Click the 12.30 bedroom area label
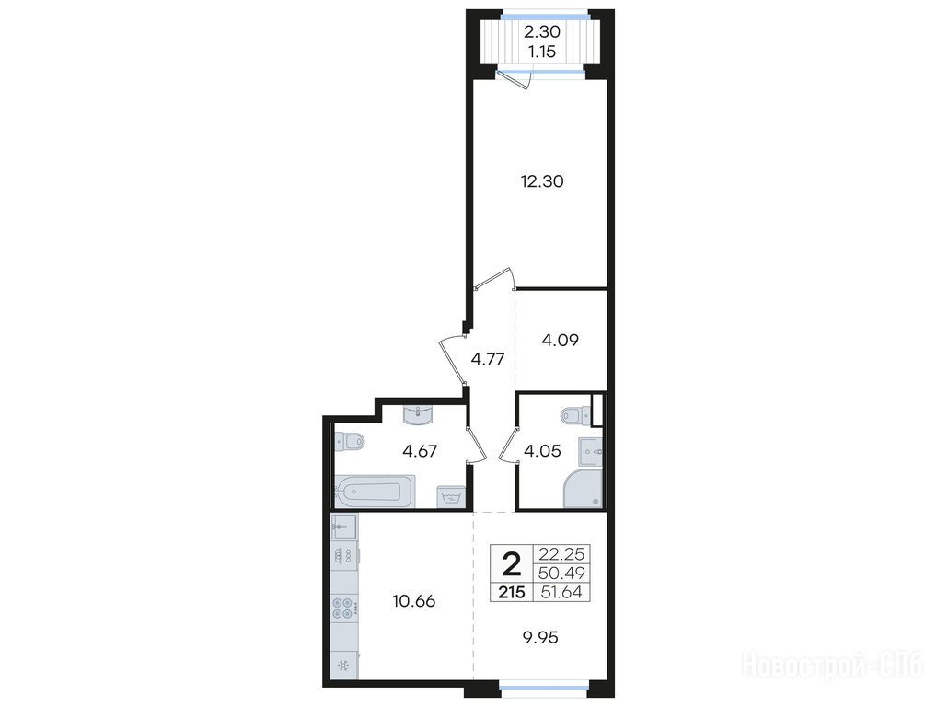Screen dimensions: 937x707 [542, 181]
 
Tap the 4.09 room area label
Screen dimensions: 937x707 [560, 341]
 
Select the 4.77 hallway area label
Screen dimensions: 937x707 [488, 359]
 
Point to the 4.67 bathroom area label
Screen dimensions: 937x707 [420, 450]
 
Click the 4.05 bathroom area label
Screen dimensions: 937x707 [542, 450]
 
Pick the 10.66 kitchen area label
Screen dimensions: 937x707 [413, 601]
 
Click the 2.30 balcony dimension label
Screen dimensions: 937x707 [542, 31]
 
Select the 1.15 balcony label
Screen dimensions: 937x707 [542, 52]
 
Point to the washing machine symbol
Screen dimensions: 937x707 [450, 496]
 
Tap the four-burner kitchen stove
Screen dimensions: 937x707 [344, 608]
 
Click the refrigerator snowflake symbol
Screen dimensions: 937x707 [343, 666]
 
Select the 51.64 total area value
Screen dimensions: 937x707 [561, 593]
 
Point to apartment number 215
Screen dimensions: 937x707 [512, 592]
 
